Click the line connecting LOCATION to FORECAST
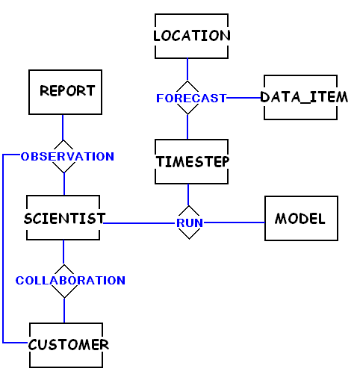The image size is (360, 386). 187,69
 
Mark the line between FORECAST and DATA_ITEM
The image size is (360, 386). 243,98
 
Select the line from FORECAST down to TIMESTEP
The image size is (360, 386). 187,127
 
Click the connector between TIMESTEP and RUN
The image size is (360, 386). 188,195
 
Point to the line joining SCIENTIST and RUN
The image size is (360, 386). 139,223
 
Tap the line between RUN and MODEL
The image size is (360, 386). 234,222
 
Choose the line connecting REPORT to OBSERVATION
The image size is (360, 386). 63,127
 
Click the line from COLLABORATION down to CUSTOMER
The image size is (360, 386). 64,311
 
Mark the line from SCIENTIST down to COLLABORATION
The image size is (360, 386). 63,252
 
